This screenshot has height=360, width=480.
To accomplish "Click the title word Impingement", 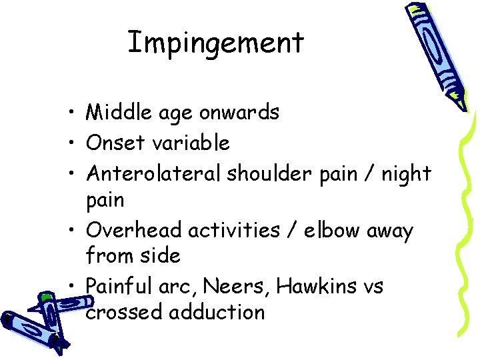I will tap(215, 43).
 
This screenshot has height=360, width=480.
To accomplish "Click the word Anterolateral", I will tap(154, 173).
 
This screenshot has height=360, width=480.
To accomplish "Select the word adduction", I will tap(217, 313).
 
